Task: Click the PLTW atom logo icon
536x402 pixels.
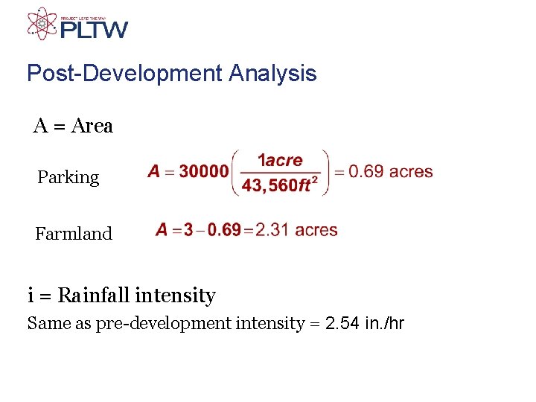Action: click(42, 24)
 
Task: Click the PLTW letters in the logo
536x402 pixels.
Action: click(94, 30)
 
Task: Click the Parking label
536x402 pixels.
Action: click(68, 177)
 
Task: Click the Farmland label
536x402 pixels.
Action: click(74, 234)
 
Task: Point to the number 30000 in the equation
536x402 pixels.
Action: click(204, 172)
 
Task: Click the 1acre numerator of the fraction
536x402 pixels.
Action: click(280, 160)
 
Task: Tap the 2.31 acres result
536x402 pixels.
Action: click(296, 230)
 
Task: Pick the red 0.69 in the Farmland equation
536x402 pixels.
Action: click(224, 230)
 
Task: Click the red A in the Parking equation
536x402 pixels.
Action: click(154, 172)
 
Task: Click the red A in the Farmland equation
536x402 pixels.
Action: click(162, 230)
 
